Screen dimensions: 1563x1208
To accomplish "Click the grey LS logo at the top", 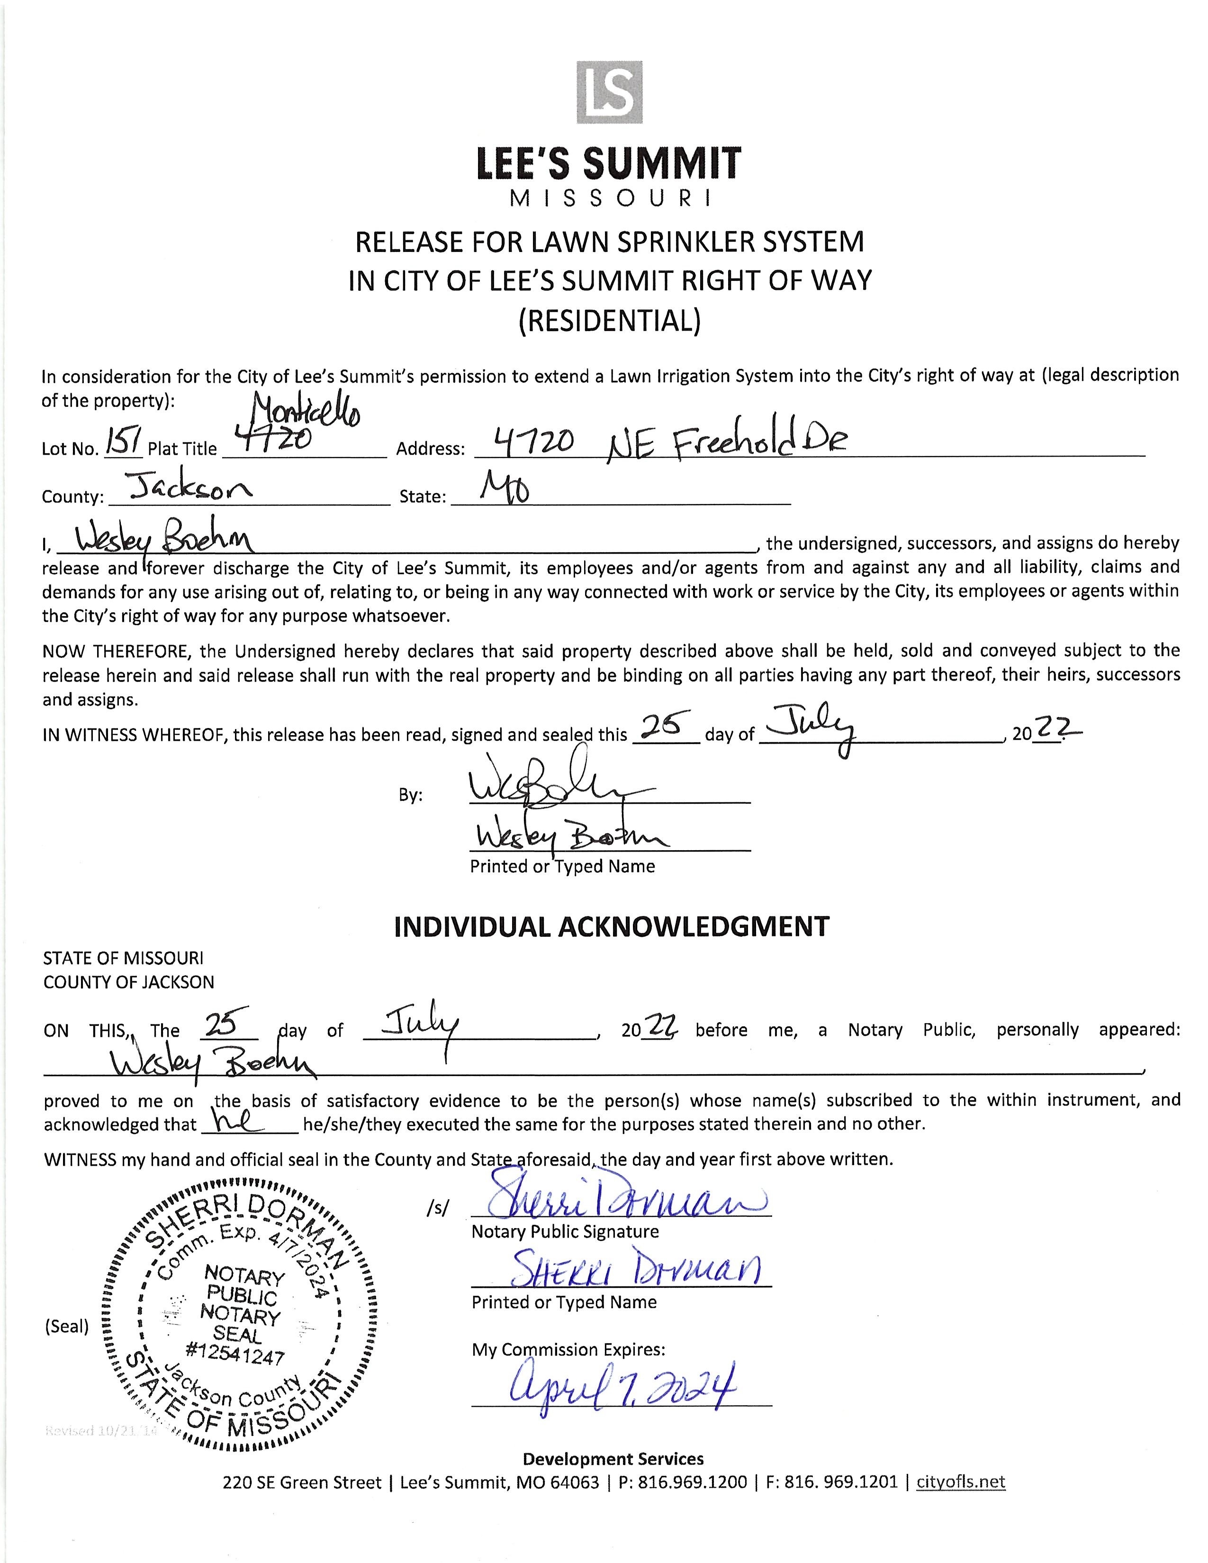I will point(609,92).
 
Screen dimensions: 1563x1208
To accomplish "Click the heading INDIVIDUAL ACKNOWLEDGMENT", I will point(611,926).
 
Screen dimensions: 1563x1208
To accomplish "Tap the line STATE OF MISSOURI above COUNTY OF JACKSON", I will point(123,958).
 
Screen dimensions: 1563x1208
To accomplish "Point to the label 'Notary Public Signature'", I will point(565,1231).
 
